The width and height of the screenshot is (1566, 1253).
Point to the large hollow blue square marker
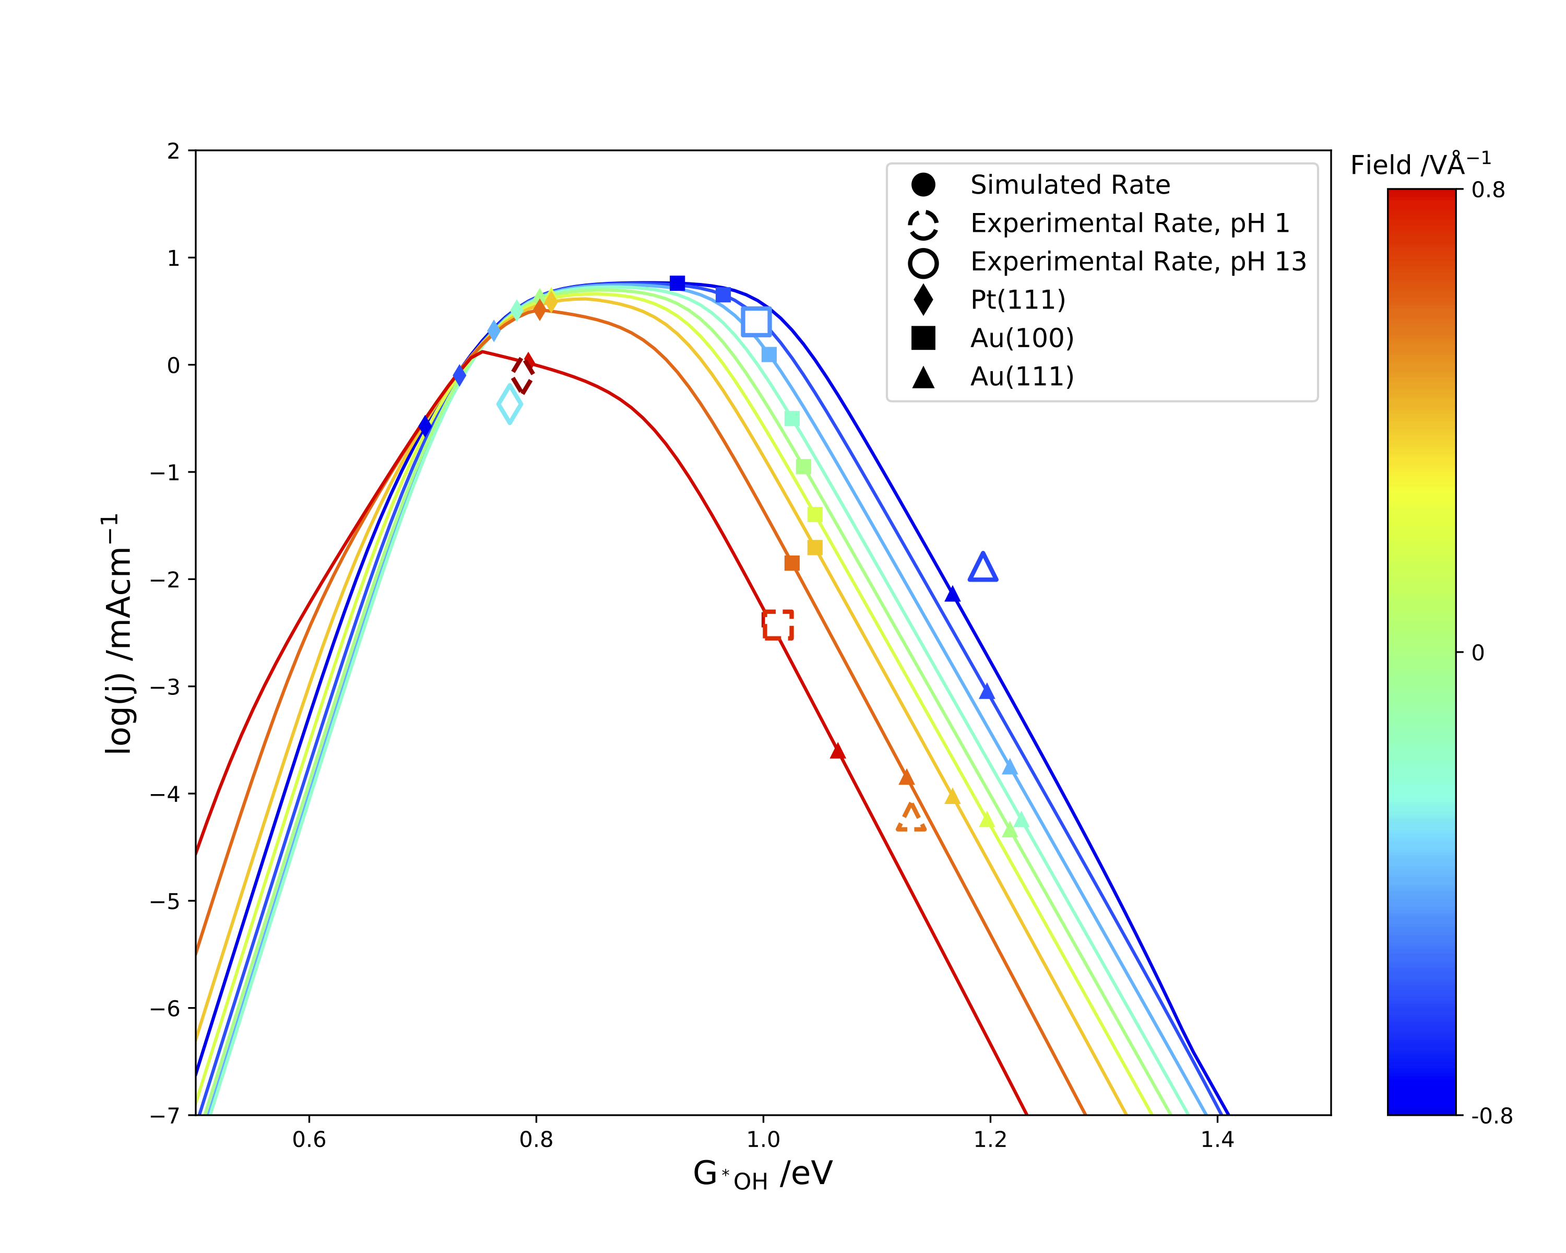[x=756, y=321]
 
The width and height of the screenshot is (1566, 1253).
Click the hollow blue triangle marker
[x=983, y=569]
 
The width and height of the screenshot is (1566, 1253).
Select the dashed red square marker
[x=778, y=625]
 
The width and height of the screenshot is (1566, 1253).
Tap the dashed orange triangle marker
[x=911, y=819]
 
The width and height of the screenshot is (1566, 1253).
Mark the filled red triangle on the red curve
[x=837, y=751]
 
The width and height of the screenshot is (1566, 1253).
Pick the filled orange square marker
[x=792, y=563]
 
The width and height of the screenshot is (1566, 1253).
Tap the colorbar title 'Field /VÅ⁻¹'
[x=1420, y=165]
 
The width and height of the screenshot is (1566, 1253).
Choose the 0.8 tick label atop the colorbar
[x=1488, y=191]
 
